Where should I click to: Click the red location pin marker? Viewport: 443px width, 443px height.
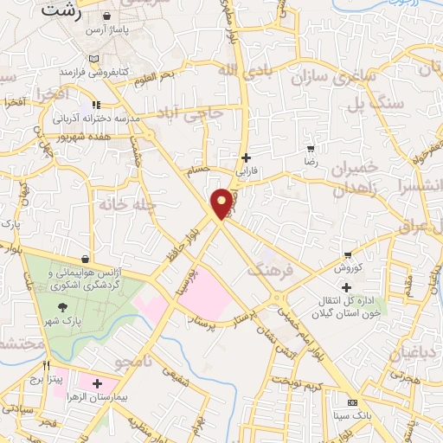point(222,202)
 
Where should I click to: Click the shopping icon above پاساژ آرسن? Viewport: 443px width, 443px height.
point(106,16)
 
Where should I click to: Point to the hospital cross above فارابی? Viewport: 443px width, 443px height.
point(247,157)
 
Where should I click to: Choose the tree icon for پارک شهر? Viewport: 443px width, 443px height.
point(61,306)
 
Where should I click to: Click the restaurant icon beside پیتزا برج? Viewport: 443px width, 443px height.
point(48,365)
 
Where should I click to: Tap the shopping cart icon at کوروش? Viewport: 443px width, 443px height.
point(348,255)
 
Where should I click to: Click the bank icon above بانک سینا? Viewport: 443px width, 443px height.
point(352,403)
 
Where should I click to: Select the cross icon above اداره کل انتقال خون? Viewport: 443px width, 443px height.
point(346,287)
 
